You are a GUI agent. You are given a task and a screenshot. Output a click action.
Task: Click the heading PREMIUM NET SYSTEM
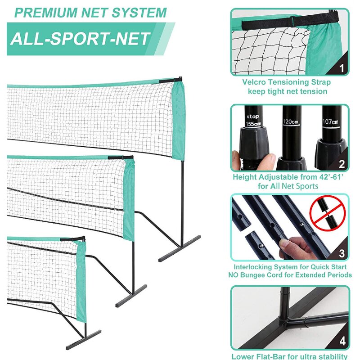(x=90, y=12)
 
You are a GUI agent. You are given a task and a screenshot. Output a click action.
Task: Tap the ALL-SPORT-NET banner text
(x=80, y=39)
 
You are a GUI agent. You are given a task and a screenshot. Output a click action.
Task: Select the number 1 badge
(x=341, y=68)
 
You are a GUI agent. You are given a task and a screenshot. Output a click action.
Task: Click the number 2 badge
(x=342, y=164)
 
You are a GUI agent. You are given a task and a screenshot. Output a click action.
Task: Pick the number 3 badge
(x=342, y=254)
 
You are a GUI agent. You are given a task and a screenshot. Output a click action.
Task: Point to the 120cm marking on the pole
(x=290, y=121)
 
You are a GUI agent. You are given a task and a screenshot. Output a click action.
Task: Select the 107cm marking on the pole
(x=331, y=121)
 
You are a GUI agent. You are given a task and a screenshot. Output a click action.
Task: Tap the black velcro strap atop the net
(x=288, y=20)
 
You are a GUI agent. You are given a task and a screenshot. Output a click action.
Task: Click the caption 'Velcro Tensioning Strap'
(x=286, y=82)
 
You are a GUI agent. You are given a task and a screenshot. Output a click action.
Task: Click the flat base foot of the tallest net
(x=180, y=248)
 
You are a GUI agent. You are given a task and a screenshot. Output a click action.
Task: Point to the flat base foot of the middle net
(x=131, y=296)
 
